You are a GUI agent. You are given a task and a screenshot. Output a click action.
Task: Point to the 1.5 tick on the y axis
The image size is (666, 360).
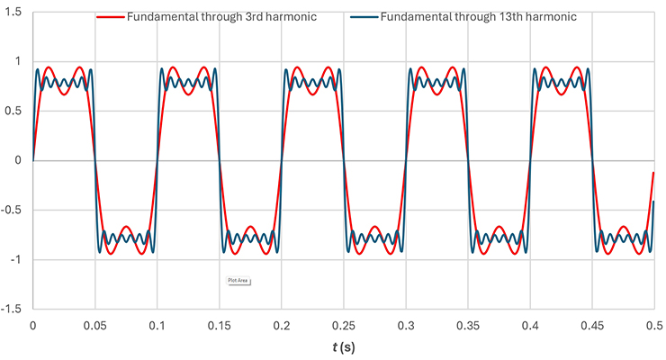coord(14,12)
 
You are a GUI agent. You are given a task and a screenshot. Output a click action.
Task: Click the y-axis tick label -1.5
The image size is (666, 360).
coord(13,309)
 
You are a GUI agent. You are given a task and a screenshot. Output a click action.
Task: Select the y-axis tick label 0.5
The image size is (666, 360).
coord(14,111)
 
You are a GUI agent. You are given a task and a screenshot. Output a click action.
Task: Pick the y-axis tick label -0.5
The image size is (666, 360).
coord(13,210)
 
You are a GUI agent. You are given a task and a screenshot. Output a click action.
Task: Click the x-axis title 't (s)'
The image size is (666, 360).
coord(343,345)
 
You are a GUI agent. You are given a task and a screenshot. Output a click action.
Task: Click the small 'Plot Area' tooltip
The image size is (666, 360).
coord(238,281)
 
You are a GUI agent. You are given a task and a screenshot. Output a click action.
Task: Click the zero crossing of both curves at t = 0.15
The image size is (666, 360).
coord(220,160)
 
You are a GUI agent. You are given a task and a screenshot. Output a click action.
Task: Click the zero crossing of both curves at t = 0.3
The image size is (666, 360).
coord(406,160)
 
